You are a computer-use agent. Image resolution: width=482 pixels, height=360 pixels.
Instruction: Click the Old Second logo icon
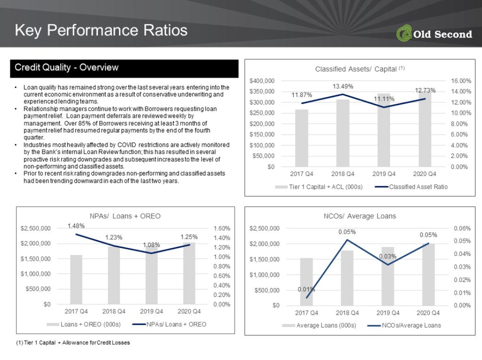pyautogui.click(x=404, y=33)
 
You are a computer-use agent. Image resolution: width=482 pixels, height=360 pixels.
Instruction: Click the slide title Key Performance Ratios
pyautogui.click(x=101, y=31)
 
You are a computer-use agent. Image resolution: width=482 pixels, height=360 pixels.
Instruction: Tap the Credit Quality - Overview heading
pyautogui.click(x=66, y=67)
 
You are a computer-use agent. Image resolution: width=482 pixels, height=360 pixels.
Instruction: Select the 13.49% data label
pyautogui.click(x=343, y=87)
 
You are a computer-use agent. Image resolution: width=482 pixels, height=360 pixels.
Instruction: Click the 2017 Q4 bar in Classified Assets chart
pyautogui.click(x=302, y=138)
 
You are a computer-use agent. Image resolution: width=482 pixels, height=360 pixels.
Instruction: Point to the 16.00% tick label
pyautogui.click(x=461, y=81)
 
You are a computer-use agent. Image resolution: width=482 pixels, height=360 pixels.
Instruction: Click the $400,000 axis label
pyautogui.click(x=262, y=81)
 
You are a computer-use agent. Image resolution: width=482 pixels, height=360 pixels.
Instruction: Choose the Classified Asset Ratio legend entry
pyautogui.click(x=411, y=187)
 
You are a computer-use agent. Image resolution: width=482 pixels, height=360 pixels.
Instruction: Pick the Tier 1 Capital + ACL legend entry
pyautogui.click(x=319, y=187)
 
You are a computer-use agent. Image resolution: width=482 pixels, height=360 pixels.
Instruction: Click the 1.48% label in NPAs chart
pyautogui.click(x=76, y=226)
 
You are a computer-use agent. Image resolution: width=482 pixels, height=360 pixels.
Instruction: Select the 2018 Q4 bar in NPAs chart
pyautogui.click(x=114, y=275)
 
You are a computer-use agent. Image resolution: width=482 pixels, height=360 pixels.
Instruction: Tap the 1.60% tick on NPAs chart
pyautogui.click(x=222, y=228)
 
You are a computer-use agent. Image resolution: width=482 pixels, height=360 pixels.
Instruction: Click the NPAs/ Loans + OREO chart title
pyautogui.click(x=125, y=216)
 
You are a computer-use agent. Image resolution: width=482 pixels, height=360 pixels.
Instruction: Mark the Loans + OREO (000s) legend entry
pyautogui.click(x=84, y=324)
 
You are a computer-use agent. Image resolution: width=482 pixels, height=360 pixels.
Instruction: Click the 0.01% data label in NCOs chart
pyautogui.click(x=306, y=289)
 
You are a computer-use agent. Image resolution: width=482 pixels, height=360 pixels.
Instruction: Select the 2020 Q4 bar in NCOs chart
pyautogui.click(x=428, y=274)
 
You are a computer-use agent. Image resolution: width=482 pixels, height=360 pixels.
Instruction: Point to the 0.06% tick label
pyautogui.click(x=462, y=228)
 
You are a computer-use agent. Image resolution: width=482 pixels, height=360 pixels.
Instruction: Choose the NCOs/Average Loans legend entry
pyautogui.click(x=404, y=325)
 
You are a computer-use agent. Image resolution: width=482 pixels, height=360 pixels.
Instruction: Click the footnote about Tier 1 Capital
pyautogui.click(x=73, y=343)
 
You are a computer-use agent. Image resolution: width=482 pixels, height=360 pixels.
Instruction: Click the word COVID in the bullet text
pyautogui.click(x=127, y=145)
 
